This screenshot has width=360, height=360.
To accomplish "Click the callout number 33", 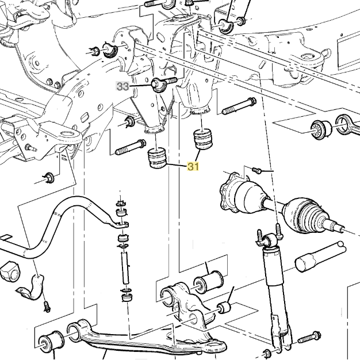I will point(122,87).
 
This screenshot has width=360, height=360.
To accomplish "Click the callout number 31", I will point(193,167).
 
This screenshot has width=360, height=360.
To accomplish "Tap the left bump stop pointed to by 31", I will point(158,159).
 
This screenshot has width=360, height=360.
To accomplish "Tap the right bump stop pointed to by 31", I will point(202,140).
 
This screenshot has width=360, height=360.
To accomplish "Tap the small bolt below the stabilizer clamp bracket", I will point(47,306).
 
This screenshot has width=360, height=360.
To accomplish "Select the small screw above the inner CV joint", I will point(257,170).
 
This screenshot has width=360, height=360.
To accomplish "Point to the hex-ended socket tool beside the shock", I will point(319,256).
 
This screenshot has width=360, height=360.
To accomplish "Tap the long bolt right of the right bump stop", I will point(238,105).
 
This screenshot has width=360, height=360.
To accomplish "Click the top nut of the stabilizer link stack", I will point(121,203).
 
